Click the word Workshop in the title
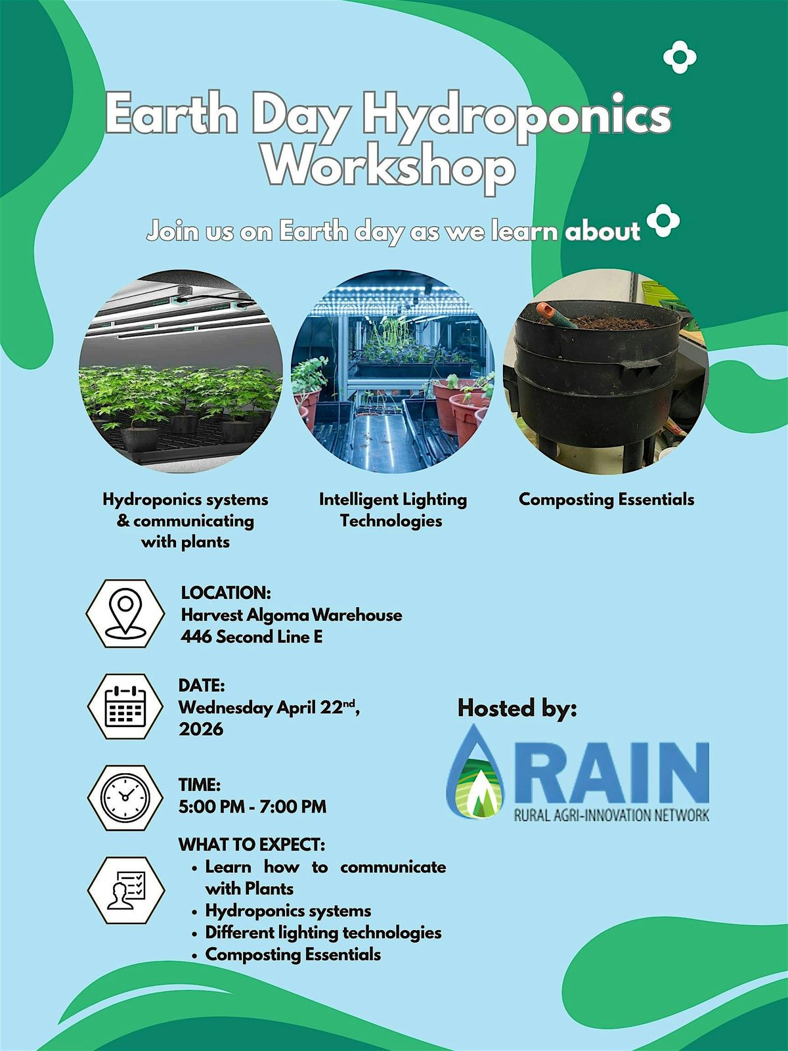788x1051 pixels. point(389,169)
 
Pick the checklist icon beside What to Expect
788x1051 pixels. point(126,889)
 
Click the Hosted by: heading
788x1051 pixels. point(517,708)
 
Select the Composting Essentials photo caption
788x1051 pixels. point(606,499)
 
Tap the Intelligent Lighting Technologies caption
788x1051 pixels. point(393,510)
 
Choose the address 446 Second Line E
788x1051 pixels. point(252,637)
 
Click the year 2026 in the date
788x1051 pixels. point(201,728)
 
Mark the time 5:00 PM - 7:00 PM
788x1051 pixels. point(252,807)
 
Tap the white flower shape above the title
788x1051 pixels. point(680,57)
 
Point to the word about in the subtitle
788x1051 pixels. point(602,231)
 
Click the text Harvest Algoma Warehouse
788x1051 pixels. point(292,615)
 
